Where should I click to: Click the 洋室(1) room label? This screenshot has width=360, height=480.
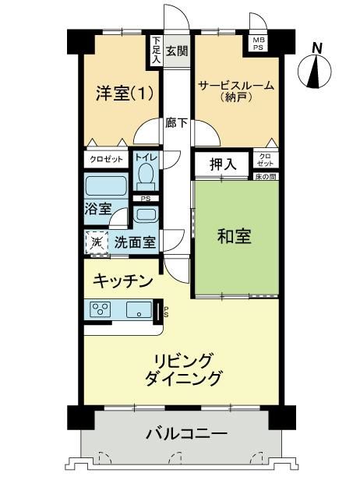pos(125,94)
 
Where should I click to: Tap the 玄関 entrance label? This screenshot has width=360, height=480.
pos(177,51)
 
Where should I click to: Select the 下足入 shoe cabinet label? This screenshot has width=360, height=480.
pos(157,50)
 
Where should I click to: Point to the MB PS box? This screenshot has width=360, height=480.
pos(258,44)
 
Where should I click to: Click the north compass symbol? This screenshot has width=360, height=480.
pos(315,69)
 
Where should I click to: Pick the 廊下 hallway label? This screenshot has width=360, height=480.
pos(177,123)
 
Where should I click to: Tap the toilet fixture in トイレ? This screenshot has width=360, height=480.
pos(146,176)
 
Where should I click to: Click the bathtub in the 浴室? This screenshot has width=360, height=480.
pos(106,186)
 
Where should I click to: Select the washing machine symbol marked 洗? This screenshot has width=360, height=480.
pos(97,242)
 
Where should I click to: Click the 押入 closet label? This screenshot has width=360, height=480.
pos(223,164)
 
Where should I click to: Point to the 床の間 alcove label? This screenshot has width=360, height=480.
pos(266,177)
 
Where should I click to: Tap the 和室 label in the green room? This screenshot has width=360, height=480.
pos(235,236)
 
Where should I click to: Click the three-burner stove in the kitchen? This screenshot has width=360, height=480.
pos(101,309)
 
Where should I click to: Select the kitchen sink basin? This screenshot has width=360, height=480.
pos(139,309)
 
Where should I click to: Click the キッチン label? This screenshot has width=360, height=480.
pos(122,281)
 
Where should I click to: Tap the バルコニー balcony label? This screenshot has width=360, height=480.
pos(186,433)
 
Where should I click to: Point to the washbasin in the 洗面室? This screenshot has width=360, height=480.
pos(146,214)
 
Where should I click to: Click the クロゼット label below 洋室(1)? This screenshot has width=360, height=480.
pos(106,159)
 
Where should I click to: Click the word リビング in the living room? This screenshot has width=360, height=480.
pos(183,361)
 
